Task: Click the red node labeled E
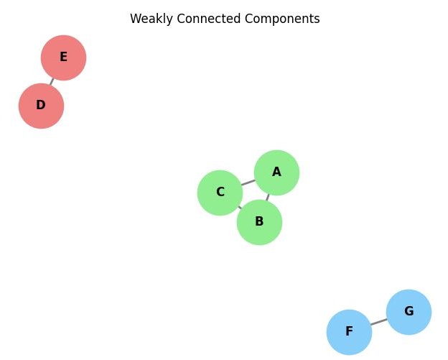63,57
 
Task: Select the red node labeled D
41,106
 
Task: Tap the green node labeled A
276,172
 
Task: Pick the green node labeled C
220,193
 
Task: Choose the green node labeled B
259,222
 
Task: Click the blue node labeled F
349,332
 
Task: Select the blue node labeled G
409,312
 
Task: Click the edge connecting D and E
52,82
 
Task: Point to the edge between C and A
248,183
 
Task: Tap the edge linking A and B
268,197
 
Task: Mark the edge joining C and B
239,207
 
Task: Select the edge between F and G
378,322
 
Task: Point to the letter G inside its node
409,312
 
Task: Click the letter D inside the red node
41,106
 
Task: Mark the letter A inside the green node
276,172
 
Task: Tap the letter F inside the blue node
349,332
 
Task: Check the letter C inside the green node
220,193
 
